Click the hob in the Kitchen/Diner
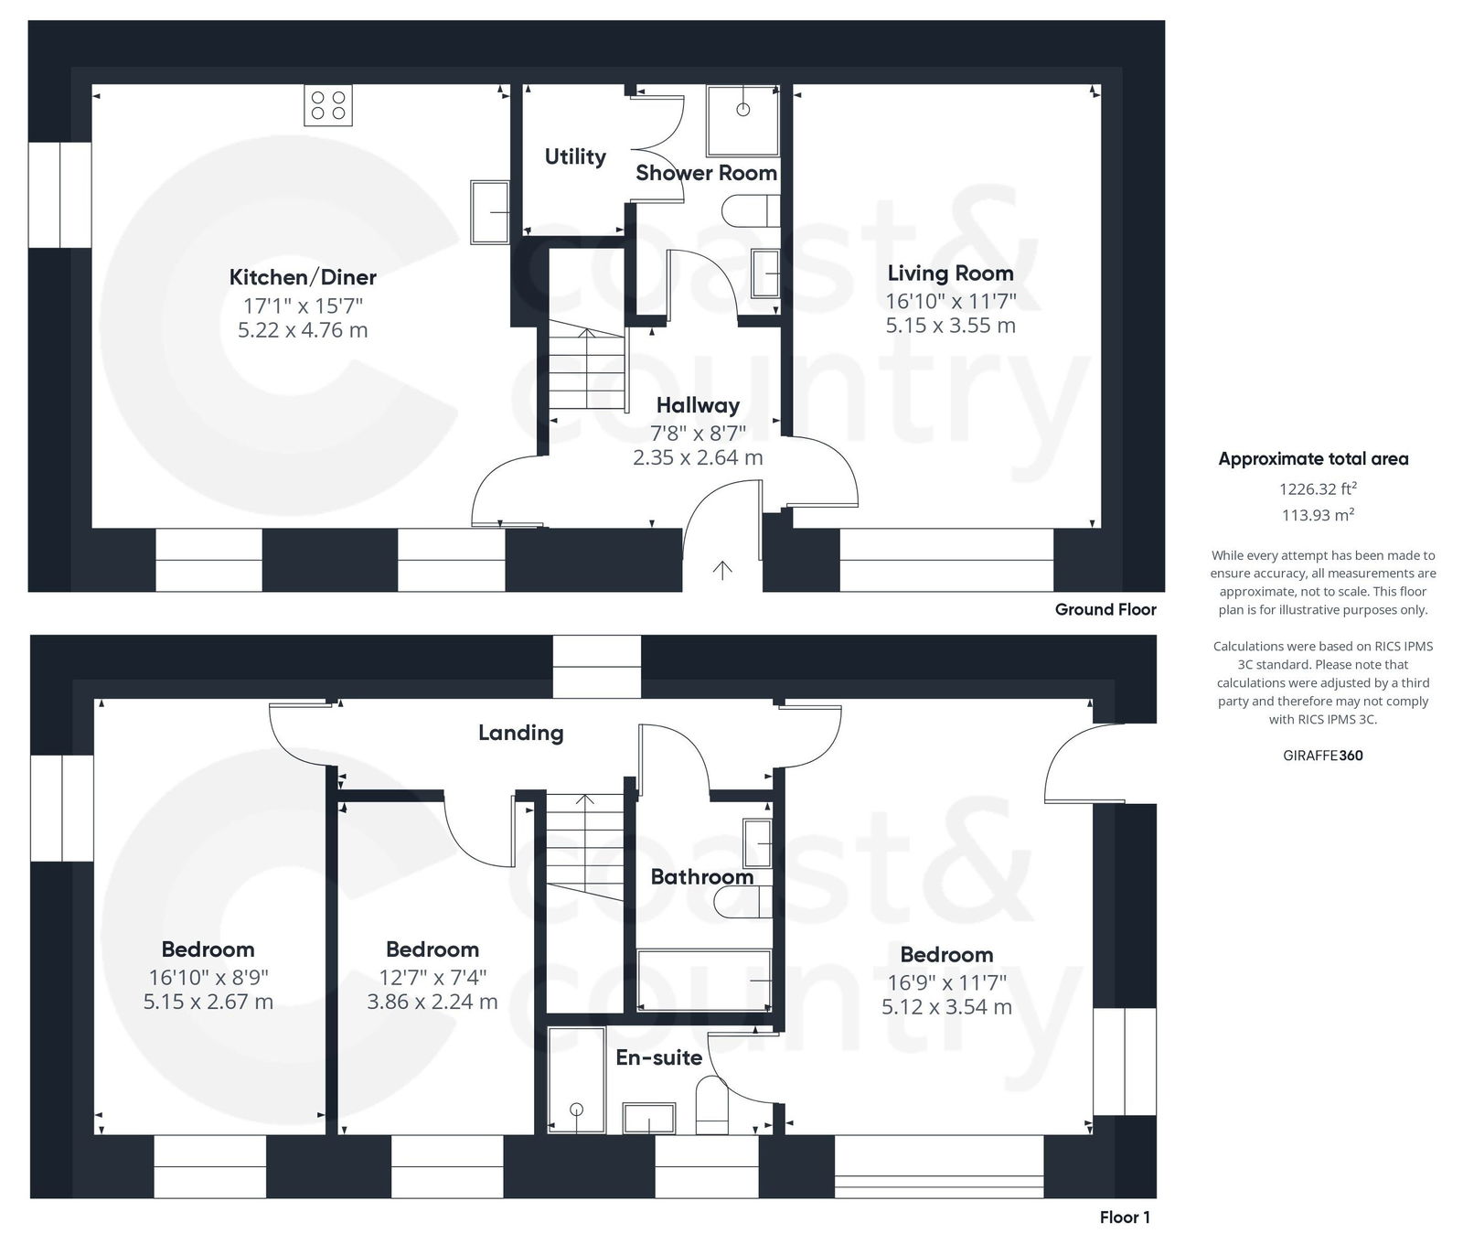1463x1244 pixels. point(328,104)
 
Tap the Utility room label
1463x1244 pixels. point(575,156)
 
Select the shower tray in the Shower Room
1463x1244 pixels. point(742,120)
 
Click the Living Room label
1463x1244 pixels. point(950,273)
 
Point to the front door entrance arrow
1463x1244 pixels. point(722,570)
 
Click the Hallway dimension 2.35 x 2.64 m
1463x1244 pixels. point(698,457)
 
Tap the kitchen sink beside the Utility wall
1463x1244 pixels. point(490,211)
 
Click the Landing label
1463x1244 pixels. point(520,733)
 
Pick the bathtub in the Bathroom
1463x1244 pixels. point(703,980)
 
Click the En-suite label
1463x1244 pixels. point(658,1057)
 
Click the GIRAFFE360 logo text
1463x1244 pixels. point(1322,756)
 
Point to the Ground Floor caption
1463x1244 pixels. point(1105,609)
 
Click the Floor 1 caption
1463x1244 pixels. point(1125,1217)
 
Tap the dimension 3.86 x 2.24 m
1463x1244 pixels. point(432,1002)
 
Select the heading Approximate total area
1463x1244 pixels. point(1313,459)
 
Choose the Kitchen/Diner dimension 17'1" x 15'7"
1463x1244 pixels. point(303,306)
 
